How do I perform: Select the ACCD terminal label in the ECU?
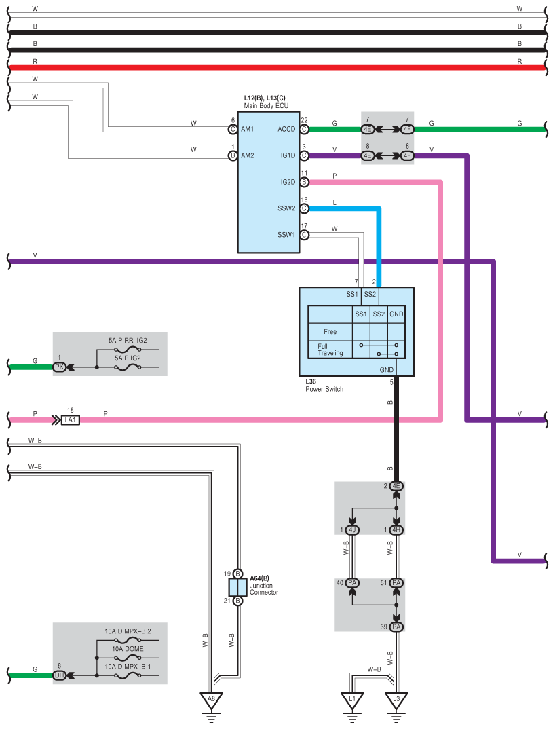[286, 129]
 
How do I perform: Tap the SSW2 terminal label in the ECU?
[286, 208]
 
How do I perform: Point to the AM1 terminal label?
[247, 129]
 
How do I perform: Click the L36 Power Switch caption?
[324, 386]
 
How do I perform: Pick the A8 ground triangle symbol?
[211, 698]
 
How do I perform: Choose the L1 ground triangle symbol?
[351, 698]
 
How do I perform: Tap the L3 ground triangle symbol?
[396, 698]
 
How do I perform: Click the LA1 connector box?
[70, 420]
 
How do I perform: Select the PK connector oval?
[60, 367]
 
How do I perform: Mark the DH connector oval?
[60, 675]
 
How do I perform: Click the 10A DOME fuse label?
[128, 649]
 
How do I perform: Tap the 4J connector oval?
[352, 530]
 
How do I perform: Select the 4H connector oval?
[397, 530]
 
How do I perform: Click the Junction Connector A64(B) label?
[264, 585]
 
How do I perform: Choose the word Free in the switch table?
[330, 332]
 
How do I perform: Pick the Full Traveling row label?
[330, 350]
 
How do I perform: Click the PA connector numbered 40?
[352, 583]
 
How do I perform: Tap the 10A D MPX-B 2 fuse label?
[128, 631]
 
